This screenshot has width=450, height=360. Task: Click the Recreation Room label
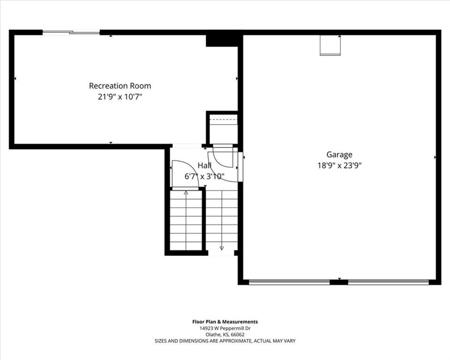point(120,86)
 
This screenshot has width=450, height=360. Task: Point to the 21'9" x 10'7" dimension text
point(120,97)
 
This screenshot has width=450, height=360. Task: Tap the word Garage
point(339,155)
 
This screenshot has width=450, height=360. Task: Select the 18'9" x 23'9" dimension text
point(339,165)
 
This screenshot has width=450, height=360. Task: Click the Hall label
point(204,165)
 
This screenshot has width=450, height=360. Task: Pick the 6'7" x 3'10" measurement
point(204,176)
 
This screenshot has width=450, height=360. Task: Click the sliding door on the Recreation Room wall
point(71,32)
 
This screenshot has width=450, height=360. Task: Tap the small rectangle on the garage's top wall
point(330,45)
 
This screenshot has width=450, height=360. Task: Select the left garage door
point(289,282)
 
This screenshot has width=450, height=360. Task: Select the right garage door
point(388,282)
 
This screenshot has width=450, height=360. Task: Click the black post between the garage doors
point(339,282)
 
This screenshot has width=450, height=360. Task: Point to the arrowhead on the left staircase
point(186,193)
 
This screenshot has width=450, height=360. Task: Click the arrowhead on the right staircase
point(222,248)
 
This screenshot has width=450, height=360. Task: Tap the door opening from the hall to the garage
point(240,166)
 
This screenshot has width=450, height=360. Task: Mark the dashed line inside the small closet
point(224,119)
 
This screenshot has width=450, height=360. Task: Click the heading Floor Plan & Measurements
point(225,322)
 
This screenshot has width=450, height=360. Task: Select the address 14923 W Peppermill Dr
point(225,329)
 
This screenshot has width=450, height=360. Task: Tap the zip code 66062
point(239,335)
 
